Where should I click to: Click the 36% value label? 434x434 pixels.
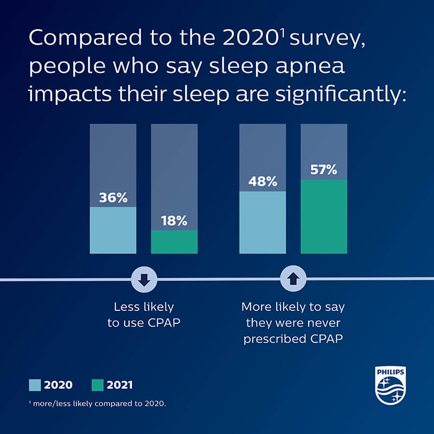click(113, 198)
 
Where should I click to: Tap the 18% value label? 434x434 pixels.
click(174, 221)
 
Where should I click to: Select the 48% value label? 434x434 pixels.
click(263, 182)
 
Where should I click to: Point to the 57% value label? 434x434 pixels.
click(324, 170)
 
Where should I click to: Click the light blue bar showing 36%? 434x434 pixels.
click(113, 230)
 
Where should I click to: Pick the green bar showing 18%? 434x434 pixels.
click(174, 242)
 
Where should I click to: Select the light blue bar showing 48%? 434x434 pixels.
click(263, 222)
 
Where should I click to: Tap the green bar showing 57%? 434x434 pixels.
click(324, 216)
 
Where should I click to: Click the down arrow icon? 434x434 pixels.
click(144, 279)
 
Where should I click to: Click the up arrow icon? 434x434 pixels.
click(293, 279)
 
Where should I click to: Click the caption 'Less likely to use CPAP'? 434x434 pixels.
click(144, 315)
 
